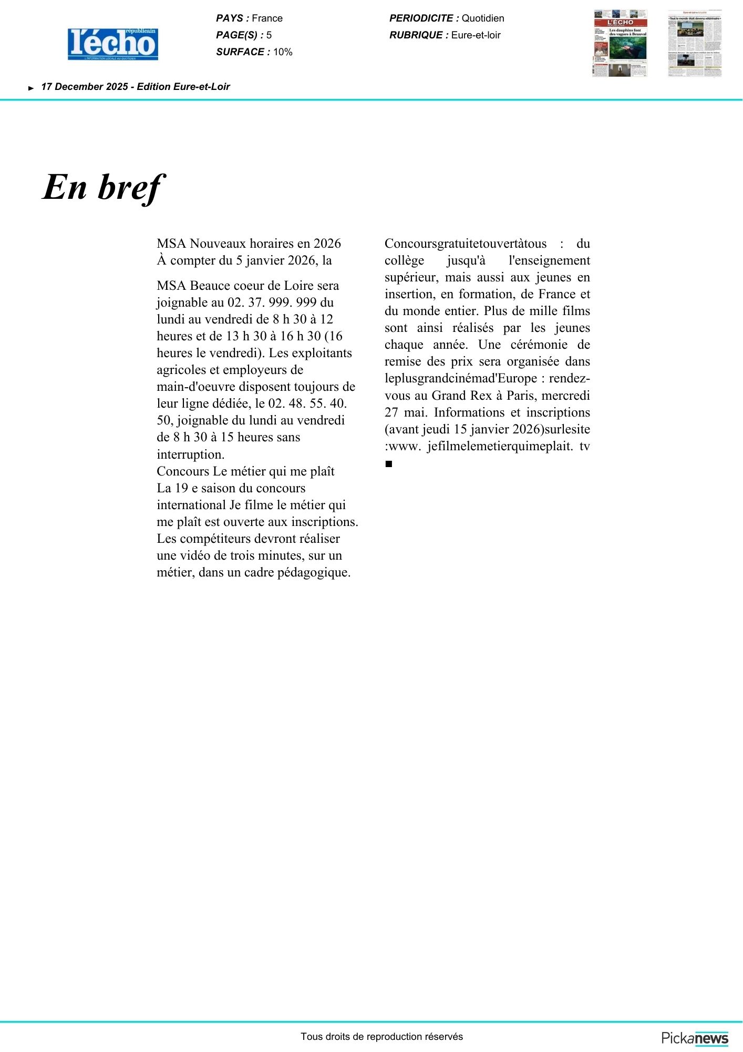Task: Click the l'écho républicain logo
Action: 113,44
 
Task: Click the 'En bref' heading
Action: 103,187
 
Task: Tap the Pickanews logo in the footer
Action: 695,1038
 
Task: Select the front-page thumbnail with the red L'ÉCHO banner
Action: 620,43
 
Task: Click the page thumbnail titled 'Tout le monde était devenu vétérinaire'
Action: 695,43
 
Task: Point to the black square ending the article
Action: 389,464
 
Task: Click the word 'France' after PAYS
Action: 267,18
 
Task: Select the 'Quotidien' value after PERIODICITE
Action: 483,18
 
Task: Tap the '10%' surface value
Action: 283,52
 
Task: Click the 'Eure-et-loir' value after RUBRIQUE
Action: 476,35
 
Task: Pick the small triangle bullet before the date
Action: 31,88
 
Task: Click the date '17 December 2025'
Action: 85,87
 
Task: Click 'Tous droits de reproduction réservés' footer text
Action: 381,1037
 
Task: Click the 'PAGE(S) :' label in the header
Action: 240,35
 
